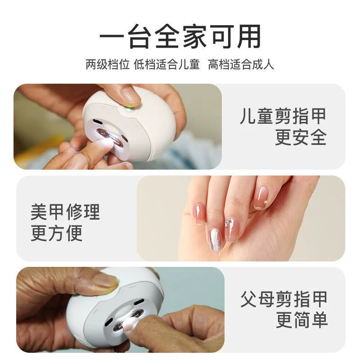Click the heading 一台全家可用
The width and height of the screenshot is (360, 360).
[180, 36]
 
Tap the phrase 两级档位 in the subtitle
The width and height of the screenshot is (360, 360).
[108, 64]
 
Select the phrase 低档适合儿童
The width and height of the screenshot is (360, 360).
[166, 64]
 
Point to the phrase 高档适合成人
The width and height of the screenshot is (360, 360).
[241, 64]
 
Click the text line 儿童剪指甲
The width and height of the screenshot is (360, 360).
[283, 117]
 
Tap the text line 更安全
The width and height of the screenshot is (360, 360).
[301, 137]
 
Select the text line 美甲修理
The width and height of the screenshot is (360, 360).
[65, 212]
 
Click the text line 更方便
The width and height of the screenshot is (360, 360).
[57, 233]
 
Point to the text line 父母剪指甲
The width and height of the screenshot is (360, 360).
[284, 299]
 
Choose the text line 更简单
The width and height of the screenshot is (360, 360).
[301, 320]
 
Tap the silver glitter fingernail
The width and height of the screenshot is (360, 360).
[216, 239]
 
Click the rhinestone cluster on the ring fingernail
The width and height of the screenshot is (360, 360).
[229, 222]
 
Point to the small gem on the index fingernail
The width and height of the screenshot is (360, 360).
[265, 202]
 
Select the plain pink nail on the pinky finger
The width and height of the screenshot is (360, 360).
[199, 214]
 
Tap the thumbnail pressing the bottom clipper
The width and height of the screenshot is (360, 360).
[105, 281]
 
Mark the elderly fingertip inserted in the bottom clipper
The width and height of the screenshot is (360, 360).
[130, 324]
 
